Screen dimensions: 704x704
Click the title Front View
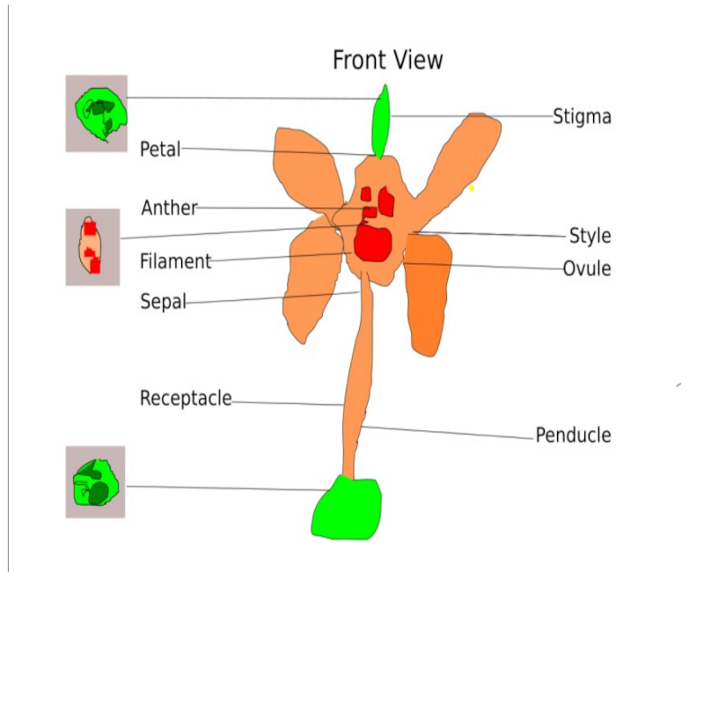(387, 60)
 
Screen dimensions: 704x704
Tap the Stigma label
(582, 116)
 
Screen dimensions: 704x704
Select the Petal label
(160, 149)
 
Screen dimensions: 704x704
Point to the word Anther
(169, 208)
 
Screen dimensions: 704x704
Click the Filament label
(176, 261)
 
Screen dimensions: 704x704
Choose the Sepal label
(163, 302)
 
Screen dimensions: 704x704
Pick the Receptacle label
(186, 399)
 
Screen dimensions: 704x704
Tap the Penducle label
(573, 435)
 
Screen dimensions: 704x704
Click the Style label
(590, 236)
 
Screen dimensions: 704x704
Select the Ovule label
(587, 268)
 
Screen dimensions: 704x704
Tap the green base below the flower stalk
(347, 508)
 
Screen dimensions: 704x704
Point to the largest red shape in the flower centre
(373, 243)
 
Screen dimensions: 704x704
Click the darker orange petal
(429, 295)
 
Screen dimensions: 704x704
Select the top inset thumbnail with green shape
(97, 114)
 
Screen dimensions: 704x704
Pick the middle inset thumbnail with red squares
(92, 247)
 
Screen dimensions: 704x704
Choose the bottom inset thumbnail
(95, 481)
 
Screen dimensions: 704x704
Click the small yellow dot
(472, 188)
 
